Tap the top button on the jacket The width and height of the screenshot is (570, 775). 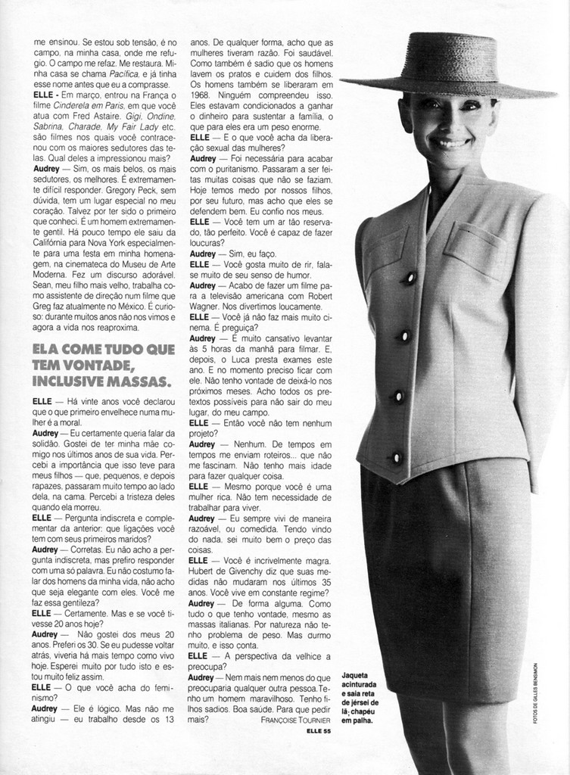410,278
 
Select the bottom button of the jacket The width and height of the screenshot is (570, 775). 396,457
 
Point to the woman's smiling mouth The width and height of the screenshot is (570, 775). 451,142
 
